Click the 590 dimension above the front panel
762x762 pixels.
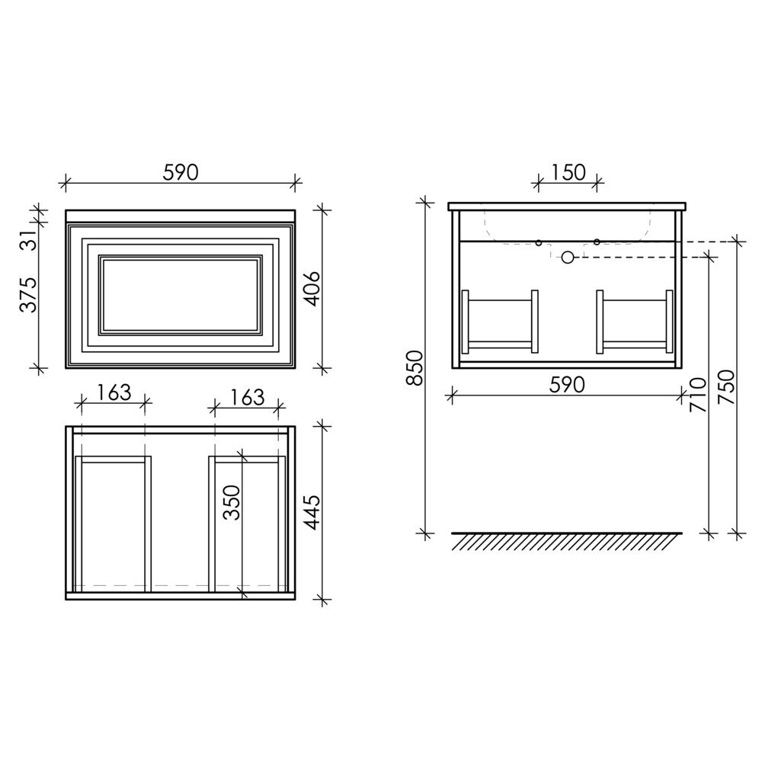(181, 172)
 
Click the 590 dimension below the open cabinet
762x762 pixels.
(567, 385)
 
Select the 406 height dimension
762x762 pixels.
(312, 288)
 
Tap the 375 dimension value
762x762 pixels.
(28, 295)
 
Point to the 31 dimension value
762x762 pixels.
(29, 239)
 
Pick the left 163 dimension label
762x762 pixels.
(114, 392)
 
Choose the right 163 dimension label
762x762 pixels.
(246, 398)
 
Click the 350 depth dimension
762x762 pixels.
(232, 502)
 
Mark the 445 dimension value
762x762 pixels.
(312, 513)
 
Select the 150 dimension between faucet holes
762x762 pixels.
(568, 172)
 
